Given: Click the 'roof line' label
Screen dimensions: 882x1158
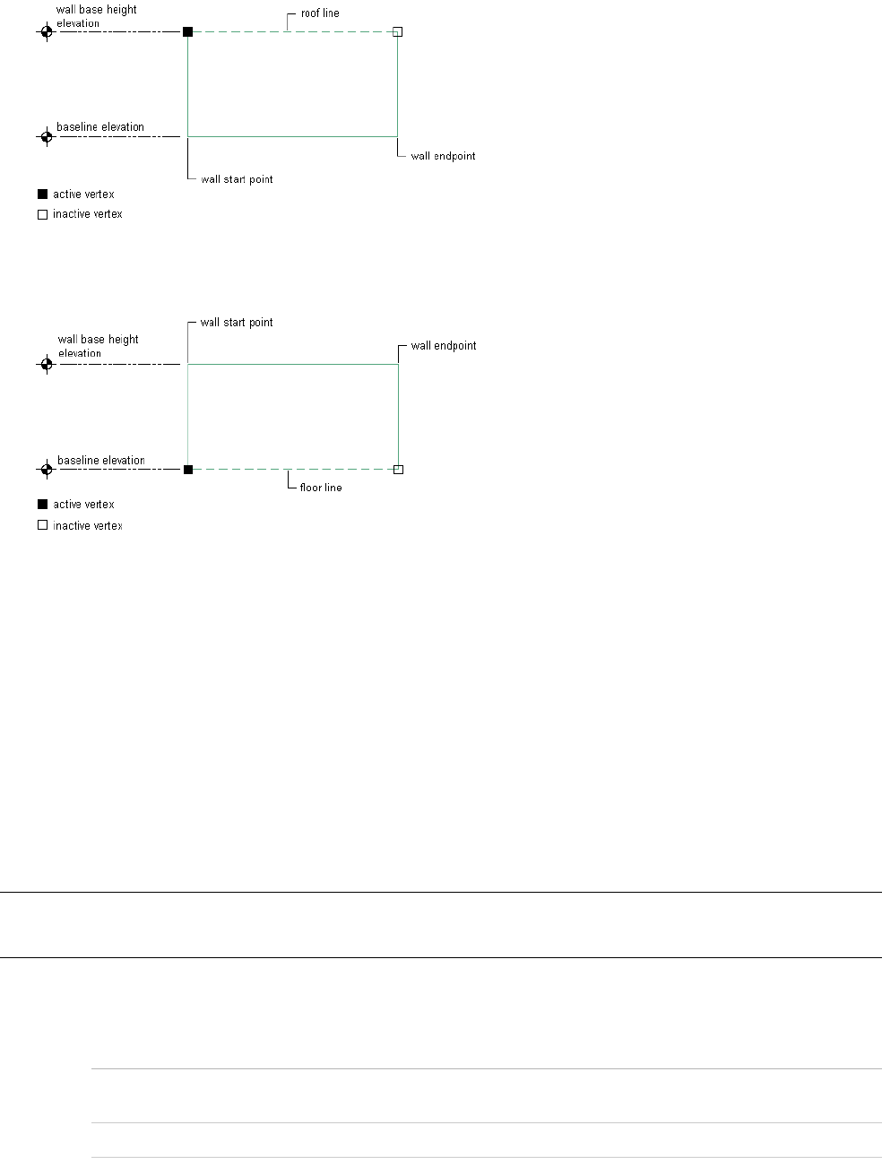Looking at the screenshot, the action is [320, 13].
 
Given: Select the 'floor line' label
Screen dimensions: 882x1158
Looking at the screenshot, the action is [321, 488].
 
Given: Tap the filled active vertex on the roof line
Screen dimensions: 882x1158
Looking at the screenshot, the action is [187, 31].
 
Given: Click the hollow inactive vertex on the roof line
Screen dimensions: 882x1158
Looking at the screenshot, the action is [398, 31].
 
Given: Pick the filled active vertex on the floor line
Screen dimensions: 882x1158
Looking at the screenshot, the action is [187, 469].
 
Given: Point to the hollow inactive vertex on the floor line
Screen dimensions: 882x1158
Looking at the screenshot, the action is [398, 469].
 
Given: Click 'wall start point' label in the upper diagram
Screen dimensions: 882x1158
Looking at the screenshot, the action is [237, 179].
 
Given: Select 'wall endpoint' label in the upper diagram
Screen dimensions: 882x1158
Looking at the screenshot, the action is [443, 156].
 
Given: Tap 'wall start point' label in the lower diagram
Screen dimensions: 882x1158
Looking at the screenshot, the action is [237, 323].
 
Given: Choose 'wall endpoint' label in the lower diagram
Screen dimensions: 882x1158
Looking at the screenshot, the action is [444, 346].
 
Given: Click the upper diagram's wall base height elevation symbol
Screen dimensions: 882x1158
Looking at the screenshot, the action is [47, 31].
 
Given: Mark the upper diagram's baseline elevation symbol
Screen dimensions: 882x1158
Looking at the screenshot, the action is [47, 137].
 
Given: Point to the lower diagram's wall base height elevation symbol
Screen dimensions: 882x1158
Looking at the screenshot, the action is [47, 364].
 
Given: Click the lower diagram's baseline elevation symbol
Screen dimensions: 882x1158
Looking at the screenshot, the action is [47, 469].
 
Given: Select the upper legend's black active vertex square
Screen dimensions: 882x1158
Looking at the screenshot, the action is [42, 194].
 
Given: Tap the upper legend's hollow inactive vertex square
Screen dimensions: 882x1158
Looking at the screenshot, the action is [42, 214].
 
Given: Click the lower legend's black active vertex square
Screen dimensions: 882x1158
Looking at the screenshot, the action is [42, 505].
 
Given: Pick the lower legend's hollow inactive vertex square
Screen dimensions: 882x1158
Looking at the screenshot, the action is [42, 525].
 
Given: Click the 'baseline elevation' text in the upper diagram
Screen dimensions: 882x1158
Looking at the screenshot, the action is [100, 127].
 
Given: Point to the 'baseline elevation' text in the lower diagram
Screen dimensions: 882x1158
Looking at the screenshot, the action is [101, 461].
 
